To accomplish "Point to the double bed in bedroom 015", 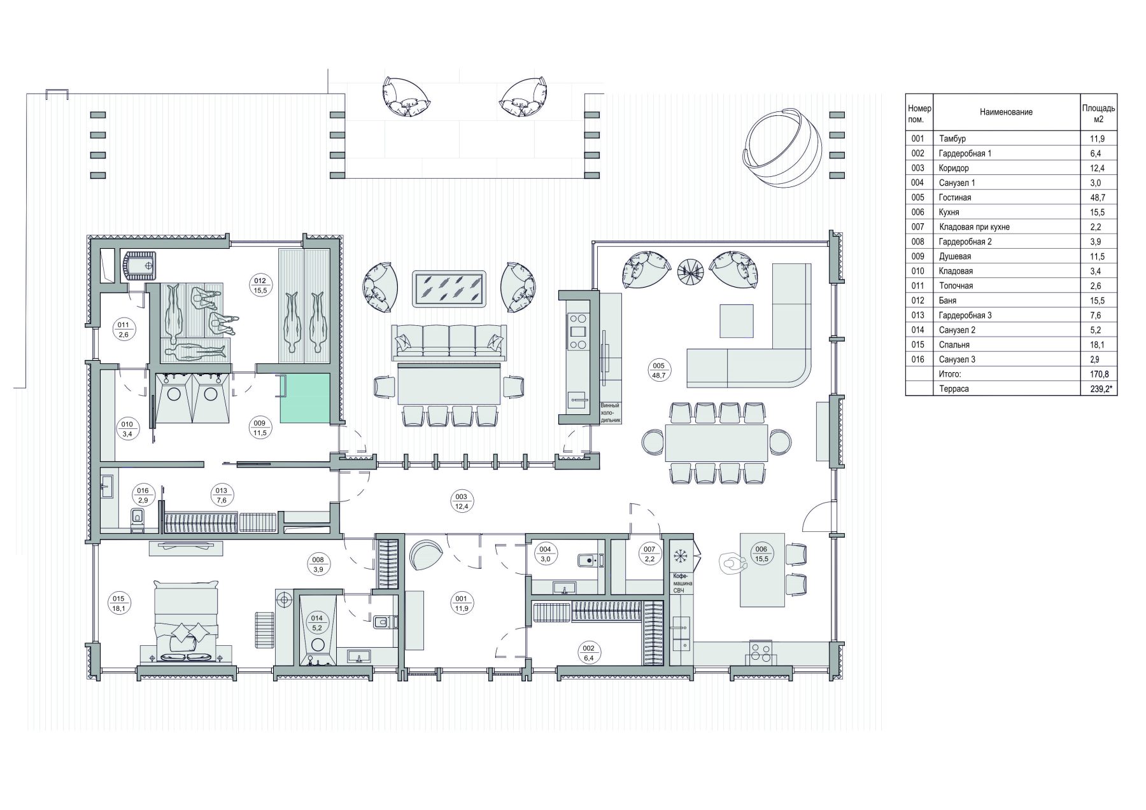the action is (x=187, y=620).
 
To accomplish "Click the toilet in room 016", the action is (x=138, y=519).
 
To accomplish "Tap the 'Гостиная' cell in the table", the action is (x=954, y=197).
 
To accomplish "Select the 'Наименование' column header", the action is (x=1006, y=112).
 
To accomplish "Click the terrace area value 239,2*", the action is (x=1098, y=389).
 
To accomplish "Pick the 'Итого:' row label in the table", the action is (x=950, y=374).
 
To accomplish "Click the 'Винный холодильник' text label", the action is (x=610, y=413).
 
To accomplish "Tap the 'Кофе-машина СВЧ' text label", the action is (x=683, y=583).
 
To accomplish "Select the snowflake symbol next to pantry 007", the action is (x=681, y=555).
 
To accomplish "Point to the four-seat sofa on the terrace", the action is (x=449, y=341).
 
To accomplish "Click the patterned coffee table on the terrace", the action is (x=449, y=289).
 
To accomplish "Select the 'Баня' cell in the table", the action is (x=947, y=300).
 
